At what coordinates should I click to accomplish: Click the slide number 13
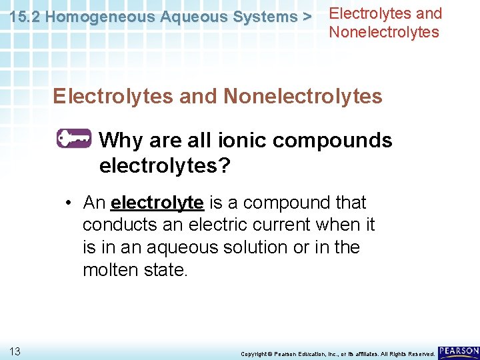pos(15,351)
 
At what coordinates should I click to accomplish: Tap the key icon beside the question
pos(73,138)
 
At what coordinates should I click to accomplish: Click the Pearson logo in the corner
pos(459,351)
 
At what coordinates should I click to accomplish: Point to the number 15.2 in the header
pos(25,17)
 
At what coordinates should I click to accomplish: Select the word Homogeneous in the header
pos(100,17)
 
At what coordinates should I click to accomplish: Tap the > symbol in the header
pos(307,17)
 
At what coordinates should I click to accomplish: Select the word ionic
pos(236,141)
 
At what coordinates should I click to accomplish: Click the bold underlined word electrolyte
pos(157,202)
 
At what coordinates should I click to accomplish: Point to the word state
pos(166,270)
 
